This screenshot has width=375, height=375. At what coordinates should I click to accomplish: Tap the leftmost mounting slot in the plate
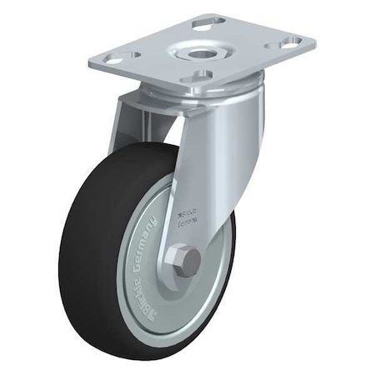(x=110, y=56)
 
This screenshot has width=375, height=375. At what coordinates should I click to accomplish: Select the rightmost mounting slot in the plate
(x=291, y=42)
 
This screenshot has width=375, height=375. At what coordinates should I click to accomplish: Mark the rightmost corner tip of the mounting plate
(x=315, y=39)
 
